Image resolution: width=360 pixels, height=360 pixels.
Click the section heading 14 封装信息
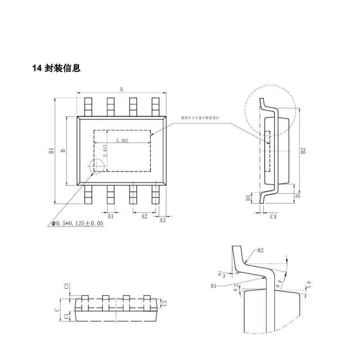(56, 68)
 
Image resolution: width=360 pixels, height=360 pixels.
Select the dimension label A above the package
(121, 89)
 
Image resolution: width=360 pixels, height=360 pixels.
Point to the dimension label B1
(52, 151)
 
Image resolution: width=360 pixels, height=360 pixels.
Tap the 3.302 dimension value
(122, 141)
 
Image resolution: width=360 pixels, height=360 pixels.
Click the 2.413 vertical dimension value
(104, 150)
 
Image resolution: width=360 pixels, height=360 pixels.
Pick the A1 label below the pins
(111, 216)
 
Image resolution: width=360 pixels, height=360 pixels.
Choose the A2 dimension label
(144, 216)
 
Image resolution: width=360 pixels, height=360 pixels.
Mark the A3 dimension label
(163, 220)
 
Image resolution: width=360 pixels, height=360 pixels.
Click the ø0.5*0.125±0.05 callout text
(77, 223)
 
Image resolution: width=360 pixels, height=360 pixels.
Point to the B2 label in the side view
(303, 151)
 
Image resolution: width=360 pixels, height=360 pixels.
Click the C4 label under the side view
(272, 217)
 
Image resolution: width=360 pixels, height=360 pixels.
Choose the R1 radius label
(213, 285)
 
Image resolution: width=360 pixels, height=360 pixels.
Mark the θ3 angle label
(222, 274)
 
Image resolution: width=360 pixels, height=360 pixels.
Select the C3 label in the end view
(66, 286)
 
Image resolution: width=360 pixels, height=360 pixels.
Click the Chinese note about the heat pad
(199, 118)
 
